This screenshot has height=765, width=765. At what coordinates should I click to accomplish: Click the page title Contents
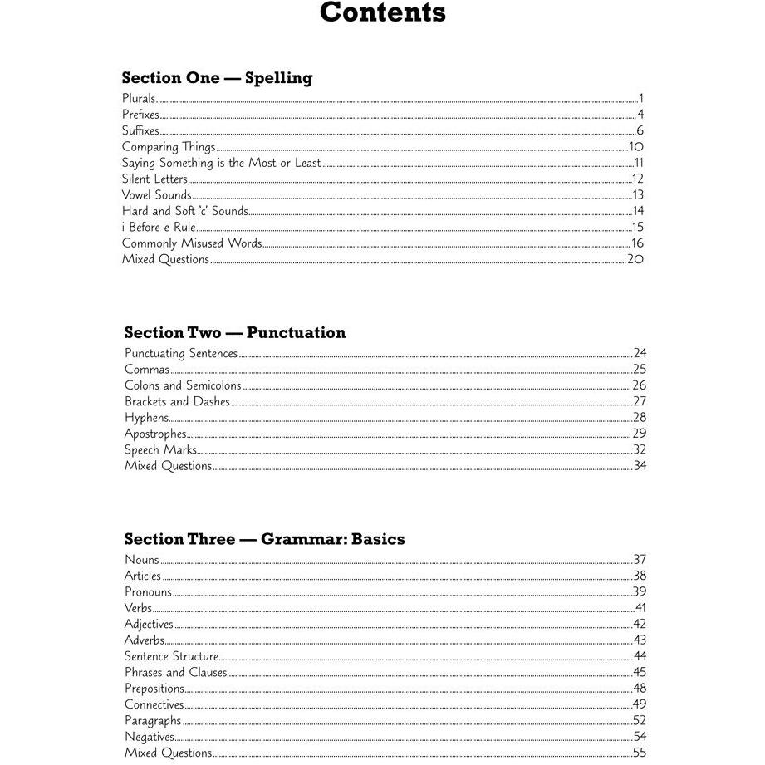(x=382, y=13)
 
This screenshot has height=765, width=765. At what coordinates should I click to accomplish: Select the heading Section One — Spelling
(x=217, y=78)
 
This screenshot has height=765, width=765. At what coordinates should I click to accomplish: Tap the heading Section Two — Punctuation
(x=235, y=333)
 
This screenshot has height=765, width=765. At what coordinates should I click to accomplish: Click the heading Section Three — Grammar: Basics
(x=265, y=539)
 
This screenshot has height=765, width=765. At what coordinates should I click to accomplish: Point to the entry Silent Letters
(x=155, y=179)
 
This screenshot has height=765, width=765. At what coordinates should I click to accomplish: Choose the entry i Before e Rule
(x=159, y=228)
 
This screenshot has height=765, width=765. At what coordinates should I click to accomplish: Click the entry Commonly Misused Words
(x=192, y=243)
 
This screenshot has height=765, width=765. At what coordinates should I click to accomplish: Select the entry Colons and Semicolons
(x=183, y=385)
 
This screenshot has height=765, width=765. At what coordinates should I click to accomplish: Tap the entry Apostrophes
(x=155, y=434)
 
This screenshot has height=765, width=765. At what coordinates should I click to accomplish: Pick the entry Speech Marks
(x=160, y=450)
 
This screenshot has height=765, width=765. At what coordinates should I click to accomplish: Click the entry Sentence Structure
(x=171, y=656)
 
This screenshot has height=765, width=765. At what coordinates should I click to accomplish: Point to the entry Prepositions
(x=154, y=689)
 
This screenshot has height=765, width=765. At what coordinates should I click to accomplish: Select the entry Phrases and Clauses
(x=175, y=673)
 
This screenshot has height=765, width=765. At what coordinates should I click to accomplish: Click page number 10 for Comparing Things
(x=636, y=147)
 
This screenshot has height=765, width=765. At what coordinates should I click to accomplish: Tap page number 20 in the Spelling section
(x=635, y=259)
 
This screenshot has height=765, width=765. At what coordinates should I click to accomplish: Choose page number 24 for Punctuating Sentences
(x=639, y=353)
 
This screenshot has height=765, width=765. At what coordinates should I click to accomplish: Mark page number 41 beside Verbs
(x=640, y=608)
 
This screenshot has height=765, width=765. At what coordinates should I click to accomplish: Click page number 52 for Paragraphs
(x=639, y=721)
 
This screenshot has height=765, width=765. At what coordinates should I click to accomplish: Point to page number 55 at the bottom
(x=639, y=753)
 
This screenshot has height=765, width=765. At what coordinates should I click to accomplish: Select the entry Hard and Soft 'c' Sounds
(x=184, y=212)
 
